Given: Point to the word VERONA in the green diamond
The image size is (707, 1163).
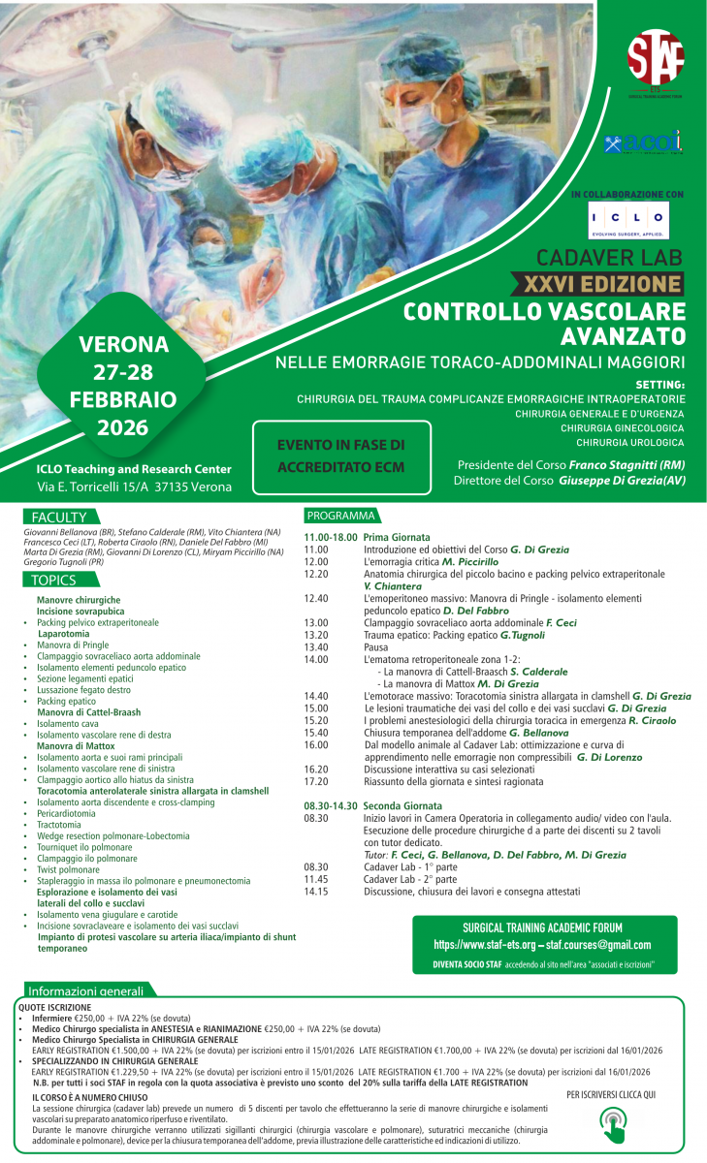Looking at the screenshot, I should point(123,344).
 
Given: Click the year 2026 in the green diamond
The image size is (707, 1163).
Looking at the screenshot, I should point(122,427).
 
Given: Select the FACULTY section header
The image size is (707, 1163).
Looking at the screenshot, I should point(59,517).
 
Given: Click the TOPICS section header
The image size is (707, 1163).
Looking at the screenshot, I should point(53,580).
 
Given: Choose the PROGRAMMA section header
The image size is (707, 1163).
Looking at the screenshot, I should point(339,516).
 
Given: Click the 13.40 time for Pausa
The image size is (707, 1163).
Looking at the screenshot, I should point(316,646).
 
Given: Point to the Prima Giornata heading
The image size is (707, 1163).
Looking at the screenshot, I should point(397,537).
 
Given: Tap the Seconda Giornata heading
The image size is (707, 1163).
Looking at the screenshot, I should point(402,805).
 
